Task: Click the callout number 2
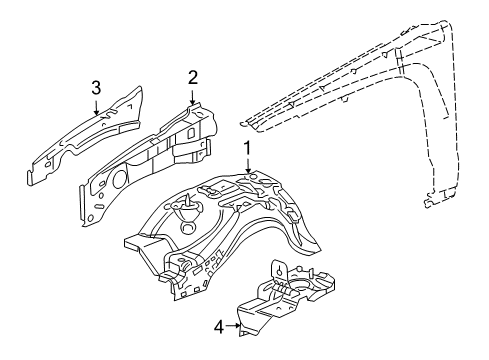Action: pyautogui.click(x=193, y=77)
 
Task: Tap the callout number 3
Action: pyautogui.click(x=96, y=88)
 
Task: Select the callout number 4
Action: pyautogui.click(x=218, y=324)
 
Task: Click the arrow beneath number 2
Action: pyautogui.click(x=193, y=96)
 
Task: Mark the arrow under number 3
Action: pyautogui.click(x=97, y=108)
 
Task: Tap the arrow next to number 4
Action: pyautogui.click(x=235, y=324)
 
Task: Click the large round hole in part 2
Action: pyautogui.click(x=111, y=181)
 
